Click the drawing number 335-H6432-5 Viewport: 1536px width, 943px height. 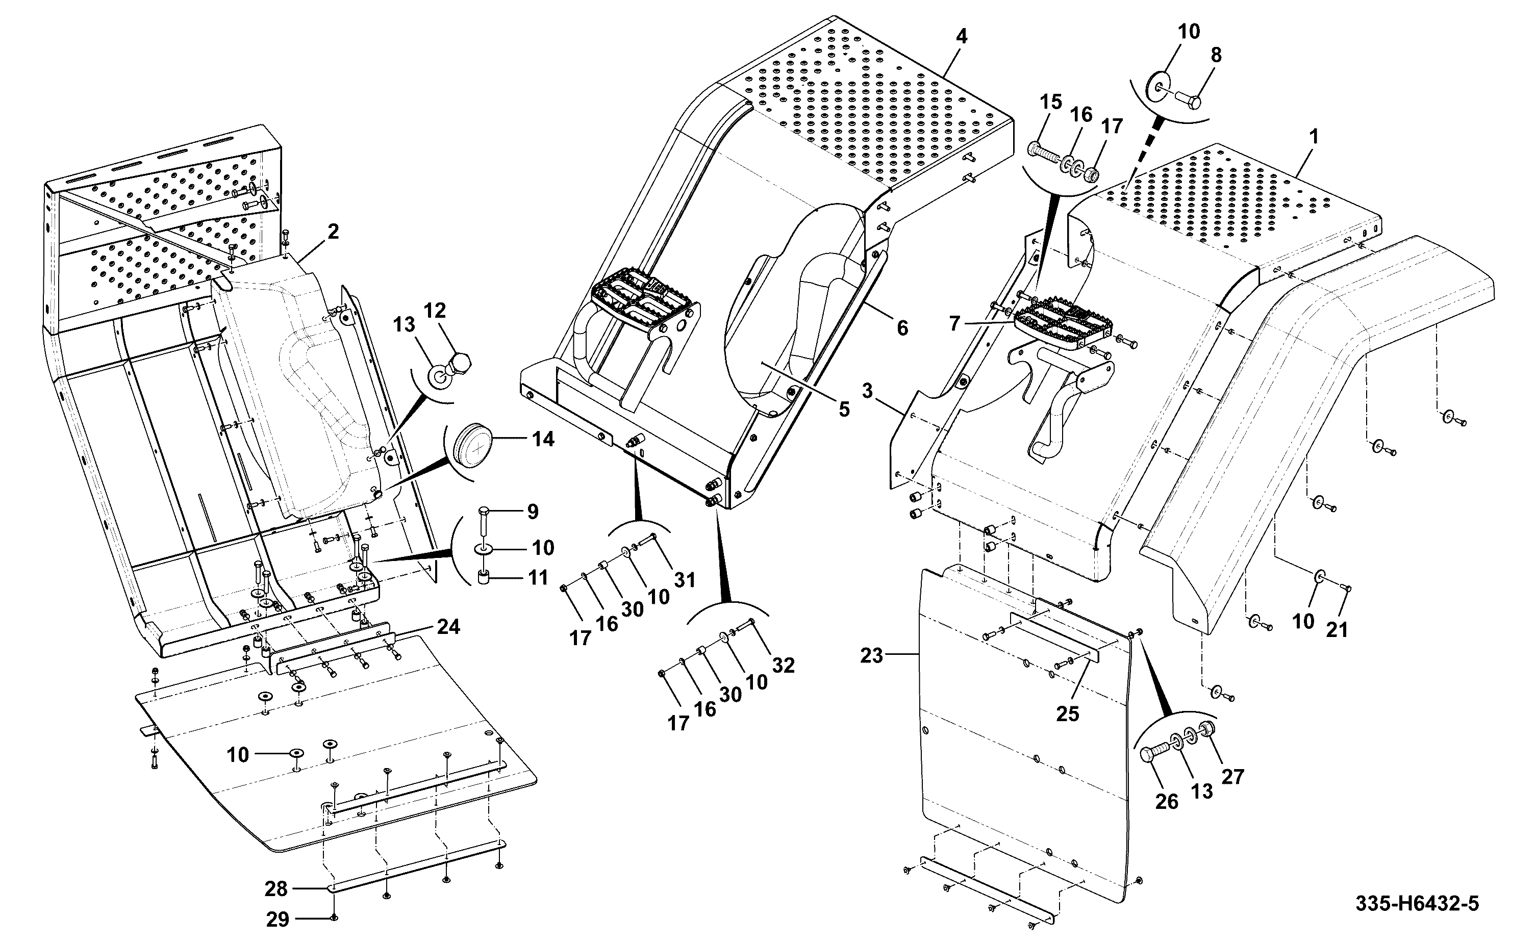point(1417,904)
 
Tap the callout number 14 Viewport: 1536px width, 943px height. point(543,439)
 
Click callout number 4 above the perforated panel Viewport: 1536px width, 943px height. point(962,37)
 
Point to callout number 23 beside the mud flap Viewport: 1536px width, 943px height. point(871,655)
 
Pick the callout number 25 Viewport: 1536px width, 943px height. point(1068,713)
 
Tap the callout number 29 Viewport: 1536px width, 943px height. point(278,920)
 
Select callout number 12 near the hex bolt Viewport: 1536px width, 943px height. point(435,311)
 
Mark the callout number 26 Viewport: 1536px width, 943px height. point(1167,801)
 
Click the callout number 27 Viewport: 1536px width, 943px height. point(1233,776)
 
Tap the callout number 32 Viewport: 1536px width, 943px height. point(783,666)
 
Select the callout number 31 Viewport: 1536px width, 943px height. point(684,580)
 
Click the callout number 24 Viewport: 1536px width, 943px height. point(448,626)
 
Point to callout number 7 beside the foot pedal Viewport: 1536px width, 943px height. point(954,324)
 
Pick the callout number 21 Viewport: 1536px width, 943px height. point(1337,630)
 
